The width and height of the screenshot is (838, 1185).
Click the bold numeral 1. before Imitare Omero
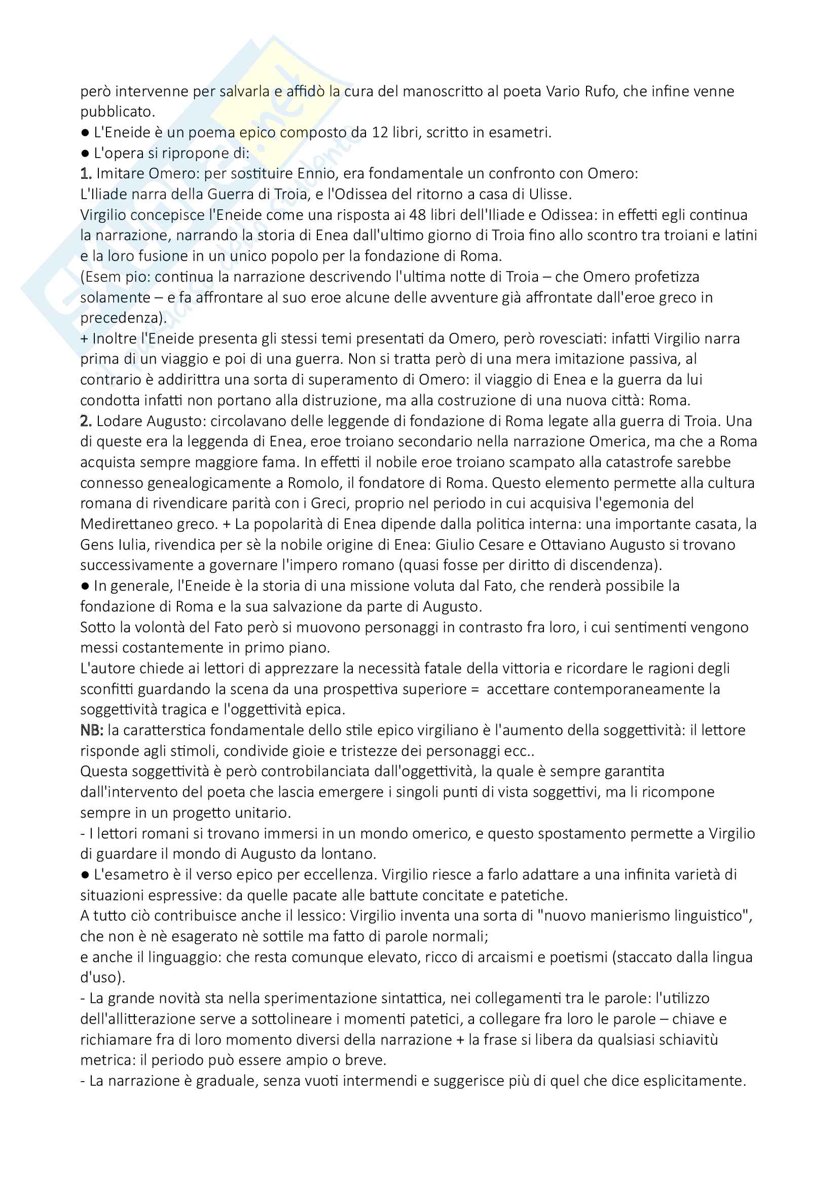86,173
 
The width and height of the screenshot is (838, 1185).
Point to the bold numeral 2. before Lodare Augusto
86,421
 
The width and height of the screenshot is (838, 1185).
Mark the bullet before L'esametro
85,875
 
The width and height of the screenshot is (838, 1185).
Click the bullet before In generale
85,586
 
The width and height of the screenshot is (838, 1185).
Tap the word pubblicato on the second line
117,112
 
